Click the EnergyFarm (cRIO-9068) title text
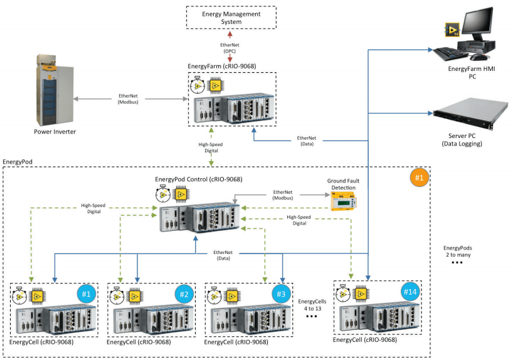tap(222, 66)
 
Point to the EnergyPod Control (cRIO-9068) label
tap(199, 179)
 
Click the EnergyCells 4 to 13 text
tap(312, 304)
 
